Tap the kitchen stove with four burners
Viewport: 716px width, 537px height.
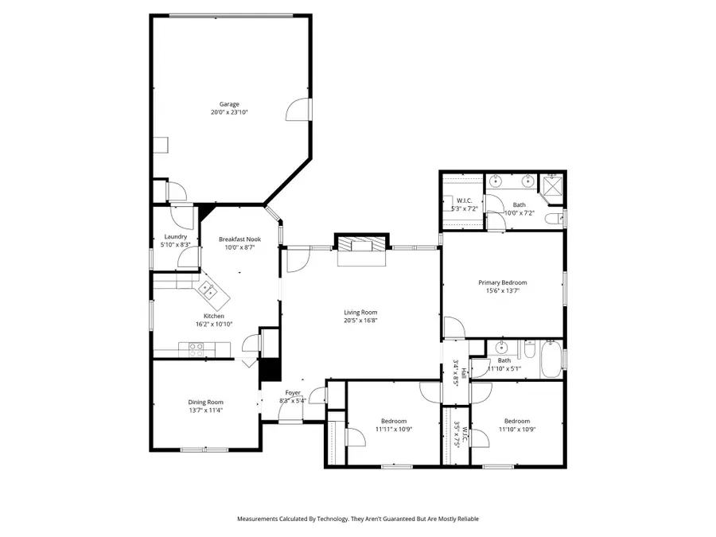click(x=196, y=347)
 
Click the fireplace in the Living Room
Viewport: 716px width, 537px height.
click(x=362, y=246)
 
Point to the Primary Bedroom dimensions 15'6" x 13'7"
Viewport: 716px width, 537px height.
click(x=502, y=290)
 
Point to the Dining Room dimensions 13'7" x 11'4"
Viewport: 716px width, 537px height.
click(x=205, y=411)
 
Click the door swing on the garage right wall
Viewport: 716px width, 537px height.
click(x=296, y=110)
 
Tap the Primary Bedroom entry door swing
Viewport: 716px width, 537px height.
click(x=453, y=327)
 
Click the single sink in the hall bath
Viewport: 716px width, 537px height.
click(x=501, y=348)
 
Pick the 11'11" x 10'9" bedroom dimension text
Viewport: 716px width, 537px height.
click(x=393, y=429)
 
